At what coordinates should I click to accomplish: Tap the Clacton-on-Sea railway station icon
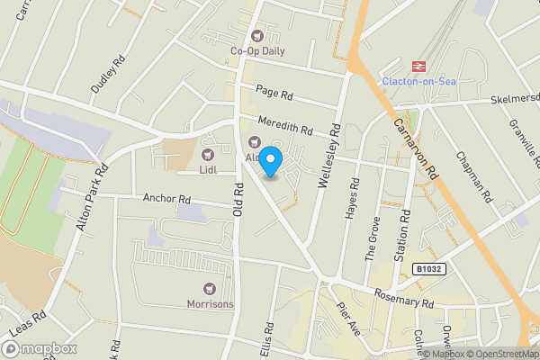coord(418,66)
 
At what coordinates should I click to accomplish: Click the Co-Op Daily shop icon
coord(258,36)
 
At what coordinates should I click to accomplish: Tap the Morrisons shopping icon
coord(211,289)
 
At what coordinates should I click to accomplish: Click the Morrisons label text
coord(211,304)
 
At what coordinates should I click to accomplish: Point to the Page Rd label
coord(274,94)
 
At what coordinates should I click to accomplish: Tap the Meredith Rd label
coord(283,128)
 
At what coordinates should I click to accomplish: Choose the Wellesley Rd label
coord(327,162)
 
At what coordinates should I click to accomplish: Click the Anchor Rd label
coord(167,198)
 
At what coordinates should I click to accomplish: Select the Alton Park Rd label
coord(93,196)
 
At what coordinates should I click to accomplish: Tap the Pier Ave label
coord(348,320)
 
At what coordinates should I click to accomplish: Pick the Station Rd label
coord(406,231)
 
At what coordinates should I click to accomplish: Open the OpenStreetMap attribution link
coord(499,353)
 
